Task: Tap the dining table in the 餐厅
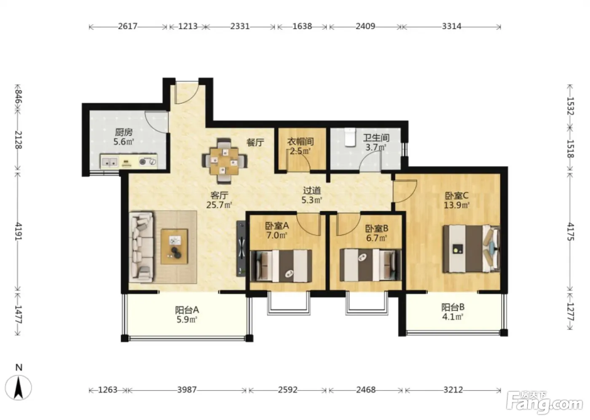(224, 161)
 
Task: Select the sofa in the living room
(141, 247)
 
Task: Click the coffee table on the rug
(174, 246)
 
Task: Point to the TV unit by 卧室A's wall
(241, 248)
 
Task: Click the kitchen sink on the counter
(110, 162)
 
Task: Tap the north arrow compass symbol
(19, 388)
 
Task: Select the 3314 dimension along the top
(451, 26)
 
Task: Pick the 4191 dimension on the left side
(18, 231)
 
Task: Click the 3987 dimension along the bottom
(187, 390)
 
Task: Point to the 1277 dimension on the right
(570, 312)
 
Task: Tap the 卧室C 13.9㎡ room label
(457, 200)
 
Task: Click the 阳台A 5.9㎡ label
(187, 315)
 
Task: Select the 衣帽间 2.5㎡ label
(300, 146)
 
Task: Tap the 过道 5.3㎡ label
(312, 195)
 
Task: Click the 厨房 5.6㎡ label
(123, 137)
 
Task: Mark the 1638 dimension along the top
(302, 26)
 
